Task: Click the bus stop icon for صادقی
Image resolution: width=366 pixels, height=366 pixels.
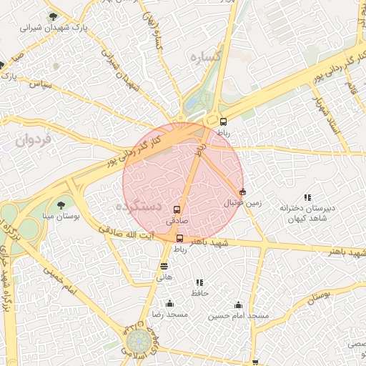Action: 177,210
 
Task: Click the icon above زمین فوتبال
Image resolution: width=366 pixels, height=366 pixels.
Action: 242,192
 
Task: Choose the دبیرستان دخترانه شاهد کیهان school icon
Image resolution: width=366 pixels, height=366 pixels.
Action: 307,197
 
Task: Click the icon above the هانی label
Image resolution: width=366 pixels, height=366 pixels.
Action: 164,266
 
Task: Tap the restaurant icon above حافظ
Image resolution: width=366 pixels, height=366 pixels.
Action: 199,283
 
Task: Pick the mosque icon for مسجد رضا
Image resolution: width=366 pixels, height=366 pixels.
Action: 169,303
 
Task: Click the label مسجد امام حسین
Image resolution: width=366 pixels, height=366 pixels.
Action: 238,315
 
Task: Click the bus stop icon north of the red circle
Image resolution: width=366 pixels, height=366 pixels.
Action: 223,122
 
